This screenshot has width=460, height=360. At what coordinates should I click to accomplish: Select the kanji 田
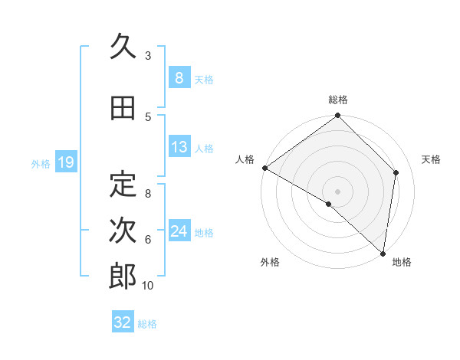pyautogui.click(x=123, y=109)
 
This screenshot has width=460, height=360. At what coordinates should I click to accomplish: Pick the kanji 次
pyautogui.click(x=123, y=231)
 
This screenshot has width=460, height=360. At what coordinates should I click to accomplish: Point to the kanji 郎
pyautogui.click(x=123, y=277)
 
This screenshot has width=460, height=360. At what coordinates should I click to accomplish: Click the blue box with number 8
pyautogui.click(x=179, y=78)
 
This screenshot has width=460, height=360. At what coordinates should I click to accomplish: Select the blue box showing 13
pyautogui.click(x=179, y=147)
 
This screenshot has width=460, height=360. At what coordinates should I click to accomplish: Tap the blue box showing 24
pyautogui.click(x=179, y=231)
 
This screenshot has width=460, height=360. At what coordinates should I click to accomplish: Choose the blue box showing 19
pyautogui.click(x=65, y=162)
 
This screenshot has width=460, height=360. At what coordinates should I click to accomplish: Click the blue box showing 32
pyautogui.click(x=123, y=322)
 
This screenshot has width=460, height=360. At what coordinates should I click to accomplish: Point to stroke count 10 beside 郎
pyautogui.click(x=148, y=286)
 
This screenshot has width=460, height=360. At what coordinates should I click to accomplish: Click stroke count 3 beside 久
pyautogui.click(x=148, y=56)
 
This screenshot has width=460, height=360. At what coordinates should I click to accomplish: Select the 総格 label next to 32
pyautogui.click(x=147, y=324)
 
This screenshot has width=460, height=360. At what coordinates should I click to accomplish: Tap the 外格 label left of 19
pyautogui.click(x=41, y=163)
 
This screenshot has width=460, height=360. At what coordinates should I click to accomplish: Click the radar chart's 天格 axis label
pyautogui.click(x=431, y=159)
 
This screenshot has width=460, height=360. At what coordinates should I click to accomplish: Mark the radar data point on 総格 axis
pyautogui.click(x=338, y=116)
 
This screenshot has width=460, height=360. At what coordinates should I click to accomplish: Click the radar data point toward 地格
pyautogui.click(x=383, y=253)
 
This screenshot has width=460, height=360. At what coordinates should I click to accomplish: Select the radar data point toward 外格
pyautogui.click(x=329, y=204)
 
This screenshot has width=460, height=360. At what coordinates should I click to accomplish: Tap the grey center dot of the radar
pyautogui.click(x=338, y=191)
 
